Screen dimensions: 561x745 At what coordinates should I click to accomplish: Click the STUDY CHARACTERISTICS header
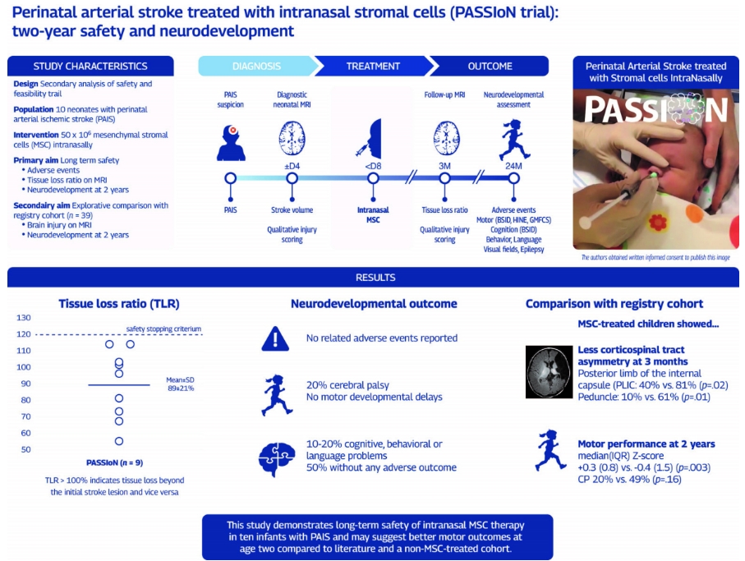click(90, 67)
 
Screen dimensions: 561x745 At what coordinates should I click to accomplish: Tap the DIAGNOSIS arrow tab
click(256, 67)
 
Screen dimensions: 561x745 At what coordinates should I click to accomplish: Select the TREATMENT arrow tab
click(373, 67)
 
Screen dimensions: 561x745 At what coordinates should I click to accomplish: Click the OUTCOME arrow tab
click(490, 67)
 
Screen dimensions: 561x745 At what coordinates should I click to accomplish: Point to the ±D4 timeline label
click(292, 166)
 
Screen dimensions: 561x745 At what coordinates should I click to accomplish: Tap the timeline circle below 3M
click(444, 178)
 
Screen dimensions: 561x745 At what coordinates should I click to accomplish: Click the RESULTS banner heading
click(375, 278)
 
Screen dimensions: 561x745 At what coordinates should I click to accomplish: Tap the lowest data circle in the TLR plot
click(119, 441)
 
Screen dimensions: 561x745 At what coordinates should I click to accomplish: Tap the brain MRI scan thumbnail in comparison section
click(549, 368)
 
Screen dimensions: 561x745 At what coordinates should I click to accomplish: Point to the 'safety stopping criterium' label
click(163, 329)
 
